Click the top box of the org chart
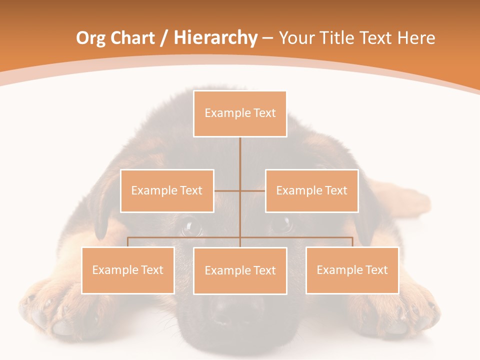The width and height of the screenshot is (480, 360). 240,113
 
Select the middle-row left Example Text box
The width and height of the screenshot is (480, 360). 167,190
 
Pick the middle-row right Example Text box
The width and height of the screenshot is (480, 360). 311,190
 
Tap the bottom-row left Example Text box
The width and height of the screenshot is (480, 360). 127,270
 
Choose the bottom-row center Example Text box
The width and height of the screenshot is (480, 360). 240,270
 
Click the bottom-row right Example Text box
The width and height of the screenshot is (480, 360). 352,270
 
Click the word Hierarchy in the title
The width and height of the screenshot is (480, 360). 215,38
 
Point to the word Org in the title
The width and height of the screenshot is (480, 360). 90,38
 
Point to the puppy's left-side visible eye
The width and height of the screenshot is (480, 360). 191,228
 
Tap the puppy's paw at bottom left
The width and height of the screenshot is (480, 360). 50,310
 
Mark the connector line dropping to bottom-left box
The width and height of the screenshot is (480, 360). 128,242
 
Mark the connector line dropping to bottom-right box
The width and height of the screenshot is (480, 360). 352,242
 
